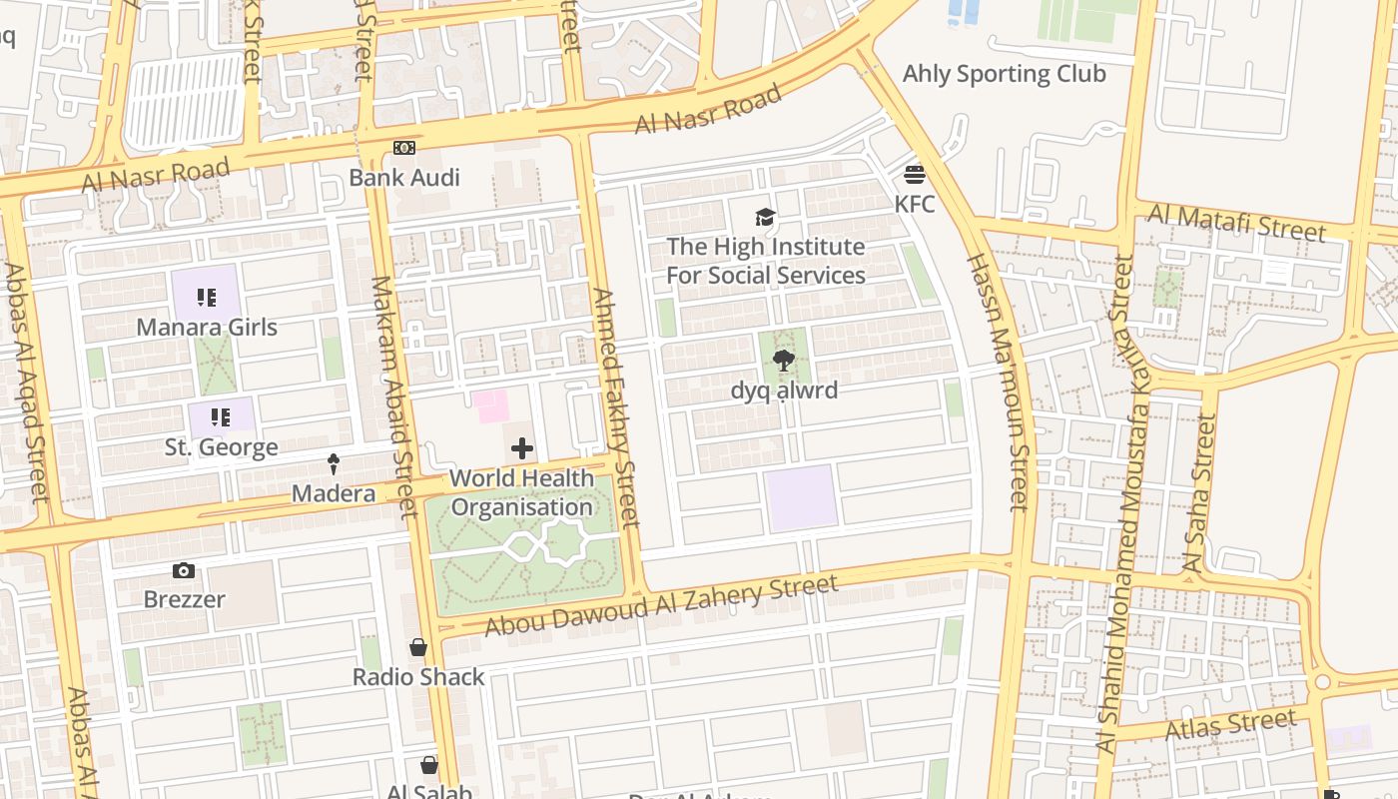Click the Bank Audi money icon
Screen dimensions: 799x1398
(x=403, y=148)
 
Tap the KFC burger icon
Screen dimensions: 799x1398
(x=915, y=176)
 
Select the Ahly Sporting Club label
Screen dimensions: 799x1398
(x=1004, y=74)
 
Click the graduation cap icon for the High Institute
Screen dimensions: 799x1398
(x=765, y=217)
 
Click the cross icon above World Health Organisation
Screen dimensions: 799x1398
(x=521, y=448)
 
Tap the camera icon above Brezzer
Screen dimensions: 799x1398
(x=184, y=570)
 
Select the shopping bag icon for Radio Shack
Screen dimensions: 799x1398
(x=418, y=647)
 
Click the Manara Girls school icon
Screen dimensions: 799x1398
(x=207, y=297)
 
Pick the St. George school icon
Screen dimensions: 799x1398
(x=220, y=416)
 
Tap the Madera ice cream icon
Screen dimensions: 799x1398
(x=334, y=463)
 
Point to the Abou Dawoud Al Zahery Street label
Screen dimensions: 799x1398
(x=661, y=605)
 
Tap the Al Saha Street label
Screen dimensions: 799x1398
(x=1199, y=493)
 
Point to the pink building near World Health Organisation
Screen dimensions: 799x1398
(x=490, y=405)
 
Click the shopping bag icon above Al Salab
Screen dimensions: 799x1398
(x=429, y=765)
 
